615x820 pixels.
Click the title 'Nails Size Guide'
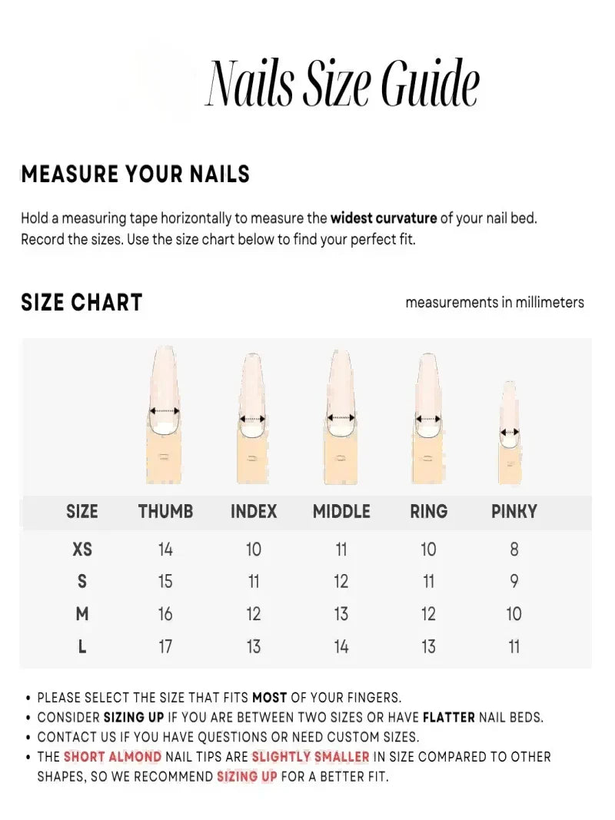coord(343,83)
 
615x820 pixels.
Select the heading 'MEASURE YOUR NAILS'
coord(135,174)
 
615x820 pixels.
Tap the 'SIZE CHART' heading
coord(81,303)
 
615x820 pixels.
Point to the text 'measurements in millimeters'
coord(494,302)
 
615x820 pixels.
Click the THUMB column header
coord(165,512)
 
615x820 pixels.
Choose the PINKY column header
coord(514,512)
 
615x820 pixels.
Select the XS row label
coord(82,549)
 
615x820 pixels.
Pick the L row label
coord(82,647)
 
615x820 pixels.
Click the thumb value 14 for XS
coord(165,549)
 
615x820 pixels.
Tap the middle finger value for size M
coord(341,614)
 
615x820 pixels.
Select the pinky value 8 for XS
coord(514,549)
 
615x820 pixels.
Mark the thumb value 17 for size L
coord(165,647)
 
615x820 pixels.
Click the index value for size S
coord(254,582)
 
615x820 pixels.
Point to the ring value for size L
coord(428,647)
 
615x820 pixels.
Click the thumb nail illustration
coord(165,415)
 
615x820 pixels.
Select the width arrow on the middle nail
coord(341,417)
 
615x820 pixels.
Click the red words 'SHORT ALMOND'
coord(112,757)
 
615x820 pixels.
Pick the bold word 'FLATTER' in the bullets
coord(448,718)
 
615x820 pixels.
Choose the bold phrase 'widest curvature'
coord(384,218)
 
